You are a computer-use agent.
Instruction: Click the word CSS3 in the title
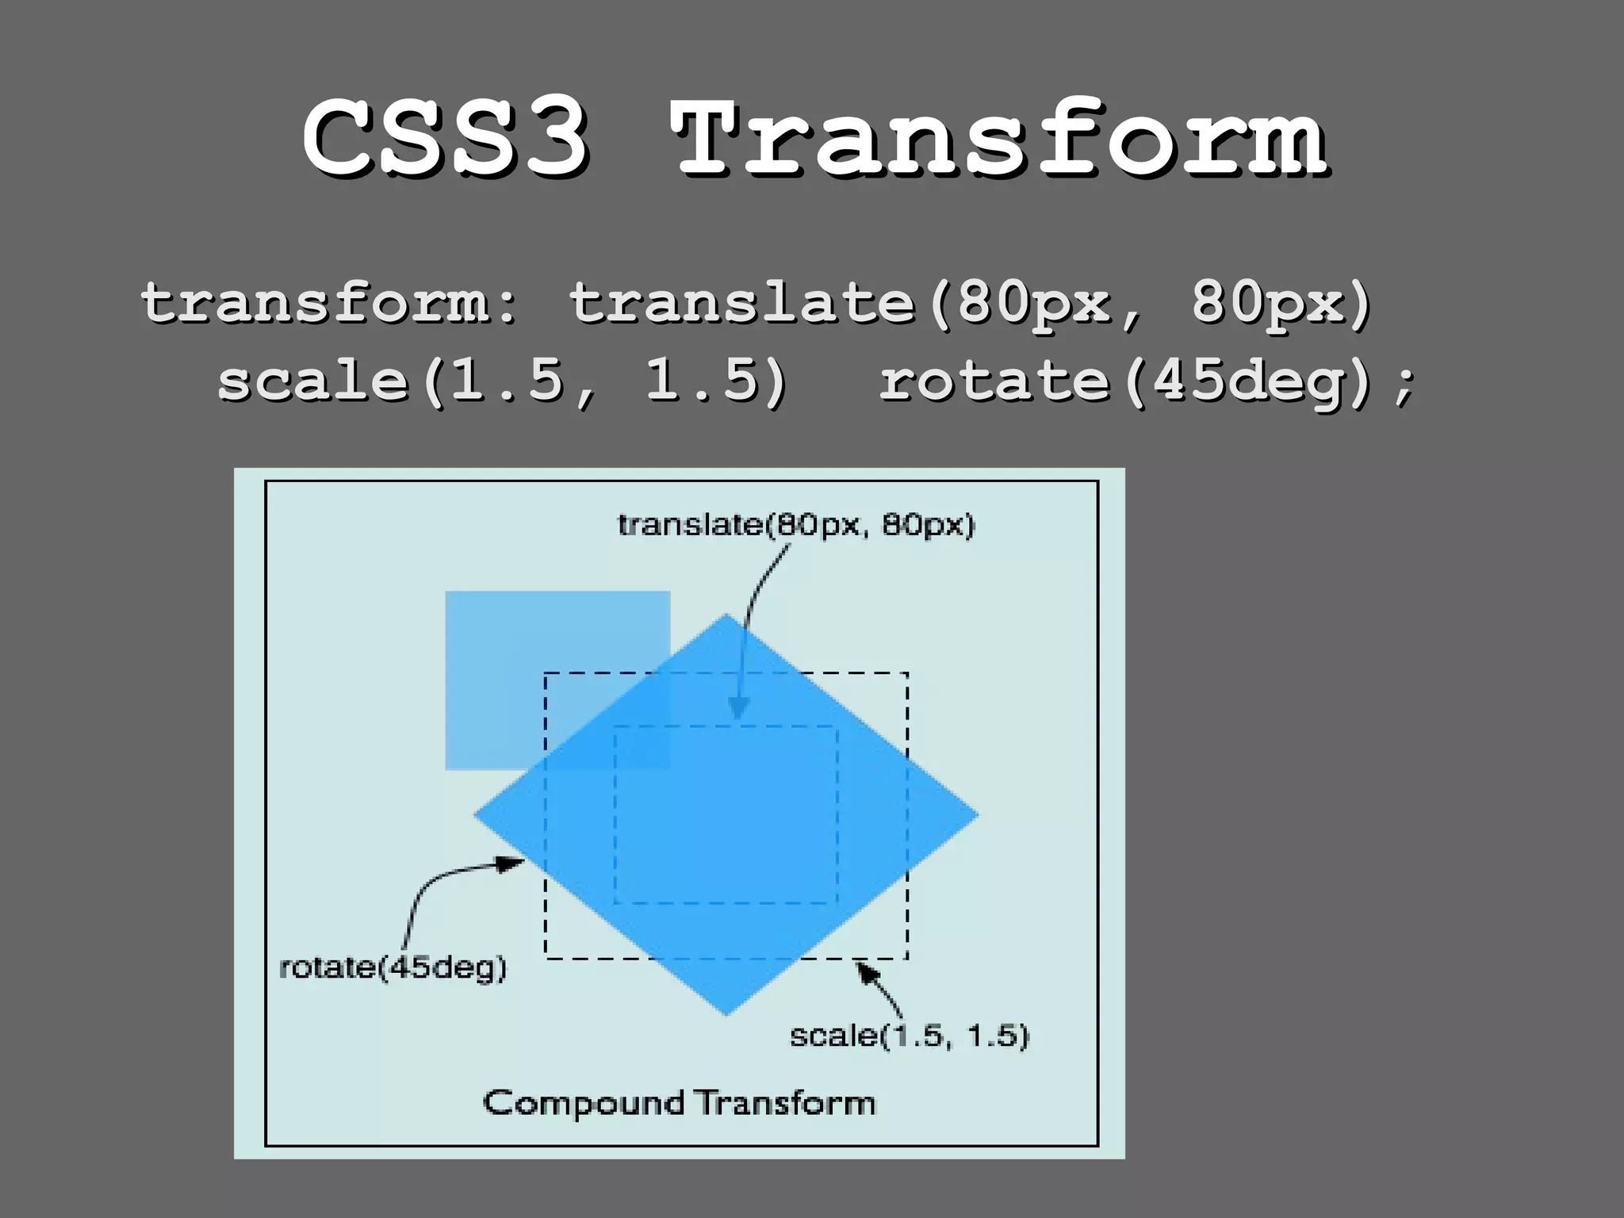tap(446, 139)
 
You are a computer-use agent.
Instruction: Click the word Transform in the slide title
tap(1001, 139)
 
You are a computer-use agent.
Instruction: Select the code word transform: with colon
tap(329, 304)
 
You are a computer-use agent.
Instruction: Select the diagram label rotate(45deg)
tap(393, 967)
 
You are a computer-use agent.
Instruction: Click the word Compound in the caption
tap(584, 1103)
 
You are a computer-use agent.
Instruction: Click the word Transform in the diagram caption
tap(786, 1103)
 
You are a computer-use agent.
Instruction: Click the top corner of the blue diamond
tap(726, 615)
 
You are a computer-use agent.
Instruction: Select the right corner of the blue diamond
tap(978, 814)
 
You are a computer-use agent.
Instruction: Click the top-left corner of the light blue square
tap(446, 592)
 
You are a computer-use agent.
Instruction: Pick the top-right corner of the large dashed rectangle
tap(907, 673)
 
